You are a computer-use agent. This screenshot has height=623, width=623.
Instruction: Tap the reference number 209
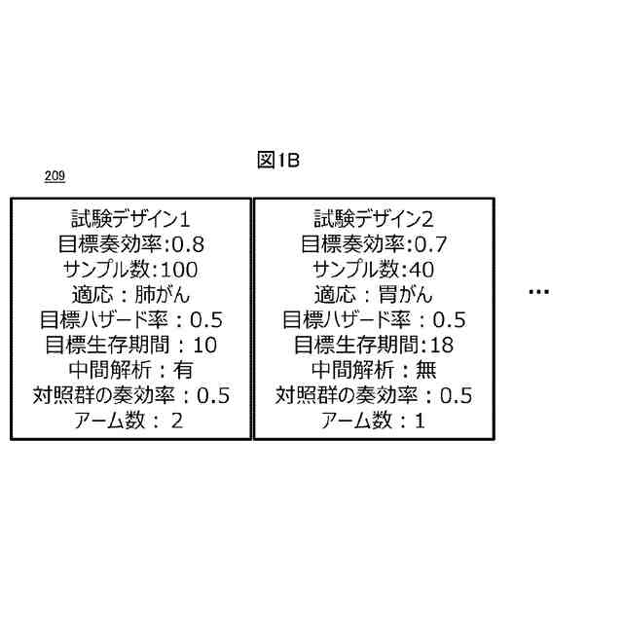pyautogui.click(x=55, y=176)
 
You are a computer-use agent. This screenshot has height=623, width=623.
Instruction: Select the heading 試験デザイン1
pyautogui.click(x=130, y=217)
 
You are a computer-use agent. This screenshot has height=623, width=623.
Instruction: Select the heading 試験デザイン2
pyautogui.click(x=373, y=217)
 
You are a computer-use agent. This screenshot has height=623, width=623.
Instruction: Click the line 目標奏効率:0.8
pyautogui.click(x=130, y=242)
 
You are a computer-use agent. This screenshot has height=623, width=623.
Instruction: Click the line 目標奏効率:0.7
pyautogui.click(x=373, y=242)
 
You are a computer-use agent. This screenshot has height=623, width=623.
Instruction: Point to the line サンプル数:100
pyautogui.click(x=130, y=268)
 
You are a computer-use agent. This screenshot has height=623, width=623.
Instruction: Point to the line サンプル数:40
pyautogui.click(x=373, y=268)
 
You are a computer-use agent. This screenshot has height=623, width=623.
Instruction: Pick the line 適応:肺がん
pyautogui.click(x=130, y=293)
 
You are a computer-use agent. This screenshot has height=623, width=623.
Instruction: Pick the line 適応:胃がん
pyautogui.click(x=373, y=293)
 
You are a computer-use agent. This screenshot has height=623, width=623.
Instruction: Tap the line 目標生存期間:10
pyautogui.click(x=130, y=344)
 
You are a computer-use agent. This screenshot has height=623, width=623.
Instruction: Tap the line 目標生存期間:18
pyautogui.click(x=373, y=344)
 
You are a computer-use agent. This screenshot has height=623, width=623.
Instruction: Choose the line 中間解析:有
pyautogui.click(x=130, y=369)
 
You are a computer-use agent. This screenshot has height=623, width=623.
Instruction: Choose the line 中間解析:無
pyautogui.click(x=373, y=369)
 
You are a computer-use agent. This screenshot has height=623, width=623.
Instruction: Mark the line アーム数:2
pyautogui.click(x=130, y=421)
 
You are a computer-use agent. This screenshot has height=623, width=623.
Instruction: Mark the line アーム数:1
pyautogui.click(x=373, y=421)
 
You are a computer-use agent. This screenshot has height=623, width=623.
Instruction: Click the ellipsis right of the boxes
pyautogui.click(x=538, y=292)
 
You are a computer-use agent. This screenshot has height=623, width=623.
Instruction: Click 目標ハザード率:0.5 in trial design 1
pyautogui.click(x=130, y=318)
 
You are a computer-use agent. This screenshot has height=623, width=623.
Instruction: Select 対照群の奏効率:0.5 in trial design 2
pyautogui.click(x=373, y=394)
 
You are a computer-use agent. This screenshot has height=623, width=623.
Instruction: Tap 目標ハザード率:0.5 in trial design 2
pyautogui.click(x=373, y=318)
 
